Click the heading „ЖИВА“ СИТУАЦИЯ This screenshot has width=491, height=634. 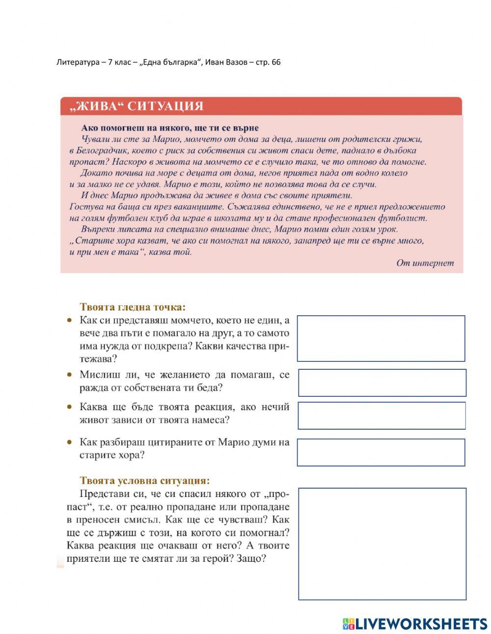tap(136, 106)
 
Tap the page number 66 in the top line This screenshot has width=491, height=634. tap(275, 62)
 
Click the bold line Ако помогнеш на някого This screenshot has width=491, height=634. tap(170, 128)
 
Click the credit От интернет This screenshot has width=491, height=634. tap(425, 263)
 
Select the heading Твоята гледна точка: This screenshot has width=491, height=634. tap(133, 307)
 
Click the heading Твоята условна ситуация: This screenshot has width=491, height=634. tap(144, 480)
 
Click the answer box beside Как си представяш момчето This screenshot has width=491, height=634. tap(381, 338)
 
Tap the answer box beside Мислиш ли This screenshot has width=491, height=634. tap(382, 383)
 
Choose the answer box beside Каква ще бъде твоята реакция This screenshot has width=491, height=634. tap(382, 415)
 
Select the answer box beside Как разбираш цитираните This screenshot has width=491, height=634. tap(381, 452)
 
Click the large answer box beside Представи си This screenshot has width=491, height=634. tap(382, 544)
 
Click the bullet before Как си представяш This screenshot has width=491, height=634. tap(70, 320)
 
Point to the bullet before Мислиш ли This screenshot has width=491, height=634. tap(70, 375)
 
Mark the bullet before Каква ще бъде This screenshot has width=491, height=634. tap(70, 407)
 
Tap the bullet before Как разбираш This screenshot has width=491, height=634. tap(70, 442)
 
